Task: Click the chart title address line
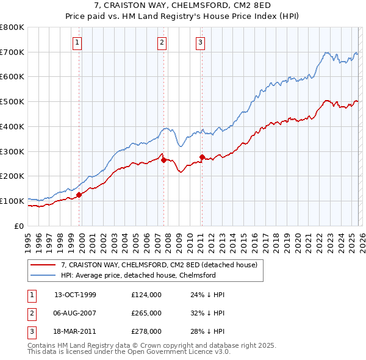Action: click(183, 6)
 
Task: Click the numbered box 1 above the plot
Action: click(79, 42)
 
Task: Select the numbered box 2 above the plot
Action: click(162, 42)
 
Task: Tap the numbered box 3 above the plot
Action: click(201, 42)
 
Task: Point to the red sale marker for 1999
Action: click(79, 195)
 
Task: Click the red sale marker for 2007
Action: click(163, 160)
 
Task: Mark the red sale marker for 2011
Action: click(202, 157)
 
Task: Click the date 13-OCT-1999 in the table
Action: click(75, 295)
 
